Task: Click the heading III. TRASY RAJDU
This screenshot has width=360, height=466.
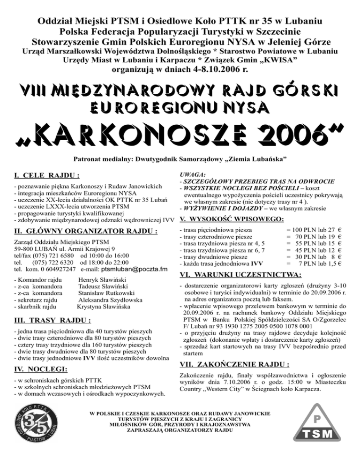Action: [x=52, y=321]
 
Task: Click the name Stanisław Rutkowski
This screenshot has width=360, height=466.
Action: [x=103, y=295]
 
